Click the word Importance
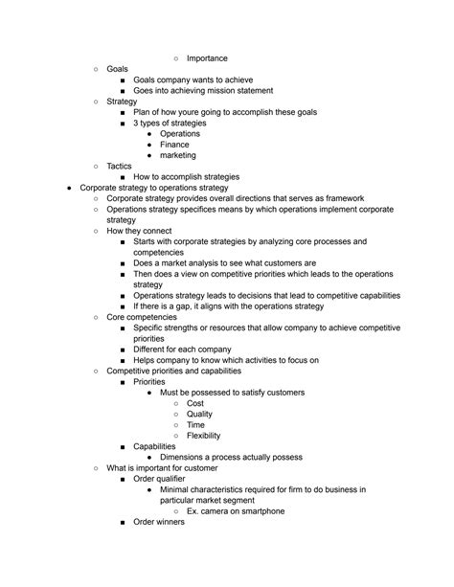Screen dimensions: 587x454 (207, 58)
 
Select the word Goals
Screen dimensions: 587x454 (117, 70)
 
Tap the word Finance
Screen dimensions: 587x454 (175, 145)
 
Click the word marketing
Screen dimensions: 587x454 (179, 155)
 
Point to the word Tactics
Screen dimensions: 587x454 (120, 166)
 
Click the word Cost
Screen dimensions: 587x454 (195, 403)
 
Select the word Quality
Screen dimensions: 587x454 (200, 414)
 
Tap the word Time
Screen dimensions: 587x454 (195, 424)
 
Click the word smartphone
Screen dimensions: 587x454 (259, 510)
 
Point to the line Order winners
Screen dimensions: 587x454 (159, 522)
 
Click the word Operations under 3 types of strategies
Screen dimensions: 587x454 (180, 134)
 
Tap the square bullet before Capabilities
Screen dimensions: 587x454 (123, 447)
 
